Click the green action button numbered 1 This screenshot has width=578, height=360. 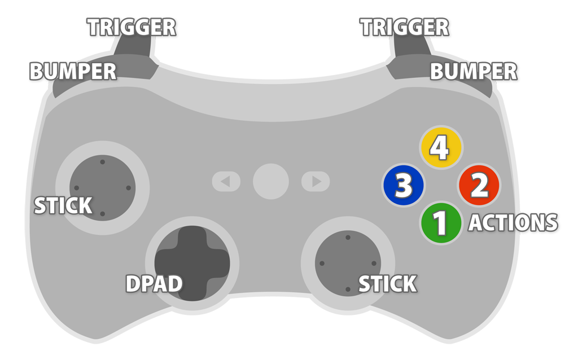(x=441, y=223)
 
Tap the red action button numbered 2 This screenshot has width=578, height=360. (x=479, y=186)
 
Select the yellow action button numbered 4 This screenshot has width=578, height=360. (x=440, y=147)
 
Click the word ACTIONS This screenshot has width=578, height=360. (x=513, y=223)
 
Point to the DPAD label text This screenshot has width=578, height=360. (x=154, y=284)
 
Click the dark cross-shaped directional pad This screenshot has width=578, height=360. (x=192, y=263)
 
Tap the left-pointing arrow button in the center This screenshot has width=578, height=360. (x=226, y=182)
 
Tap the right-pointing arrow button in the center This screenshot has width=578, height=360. (x=316, y=182)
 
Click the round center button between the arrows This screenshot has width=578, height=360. (x=271, y=181)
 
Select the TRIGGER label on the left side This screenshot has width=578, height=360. (x=132, y=27)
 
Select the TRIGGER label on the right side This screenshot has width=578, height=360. (x=404, y=27)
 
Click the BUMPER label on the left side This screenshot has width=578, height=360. (x=73, y=72)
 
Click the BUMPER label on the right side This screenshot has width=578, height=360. (x=473, y=72)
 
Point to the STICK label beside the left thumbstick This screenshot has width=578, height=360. (x=63, y=206)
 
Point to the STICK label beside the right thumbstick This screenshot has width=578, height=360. (x=388, y=284)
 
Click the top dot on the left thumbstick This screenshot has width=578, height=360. (x=102, y=162)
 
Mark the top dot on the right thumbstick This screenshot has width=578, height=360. (x=348, y=238)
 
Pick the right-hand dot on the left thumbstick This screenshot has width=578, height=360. (x=128, y=188)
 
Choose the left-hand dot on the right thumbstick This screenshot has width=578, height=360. (x=322, y=264)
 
